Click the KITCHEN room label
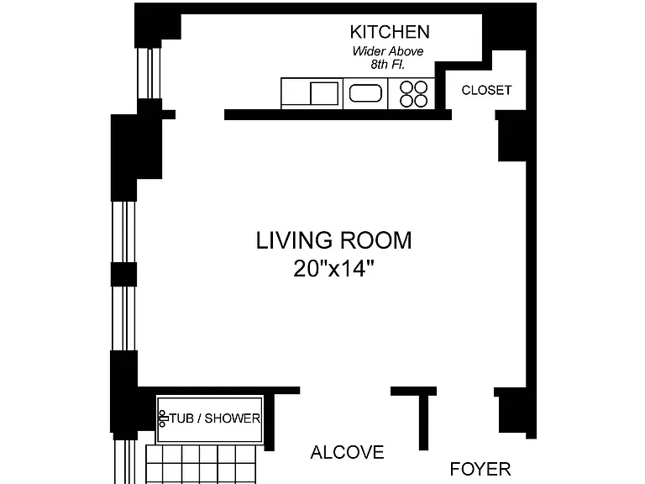point(390,32)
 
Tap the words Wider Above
point(387,51)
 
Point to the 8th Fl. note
point(387,65)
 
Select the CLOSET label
point(486,90)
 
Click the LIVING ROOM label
point(333,241)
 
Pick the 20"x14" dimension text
point(333,269)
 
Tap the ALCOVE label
point(347,453)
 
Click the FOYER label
point(480,469)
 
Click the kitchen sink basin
point(365,93)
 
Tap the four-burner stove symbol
point(413,94)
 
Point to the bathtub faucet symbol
point(162,418)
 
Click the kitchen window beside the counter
point(149,73)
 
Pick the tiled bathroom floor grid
point(201,465)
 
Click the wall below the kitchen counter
point(338,115)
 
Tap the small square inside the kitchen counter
point(324,93)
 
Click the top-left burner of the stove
point(406,87)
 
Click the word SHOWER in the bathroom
point(233,418)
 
